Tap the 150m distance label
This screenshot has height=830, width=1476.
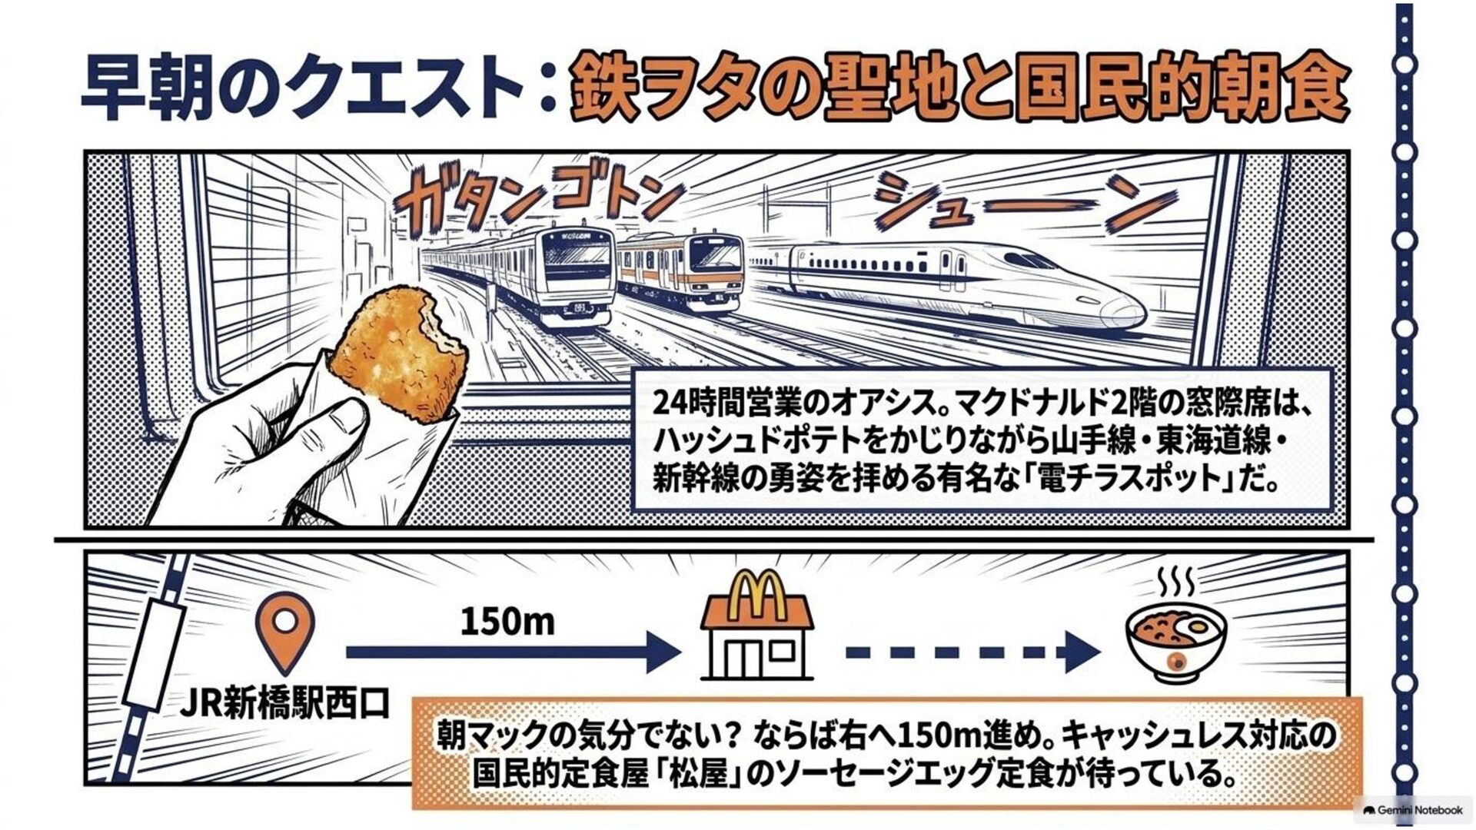click(507, 621)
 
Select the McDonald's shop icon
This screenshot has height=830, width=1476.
click(756, 626)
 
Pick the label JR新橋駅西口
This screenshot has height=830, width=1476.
click(284, 703)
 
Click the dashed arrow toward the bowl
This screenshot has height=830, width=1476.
click(972, 652)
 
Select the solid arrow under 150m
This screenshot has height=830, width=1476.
click(514, 652)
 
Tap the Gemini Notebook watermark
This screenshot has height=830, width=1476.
click(1413, 810)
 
